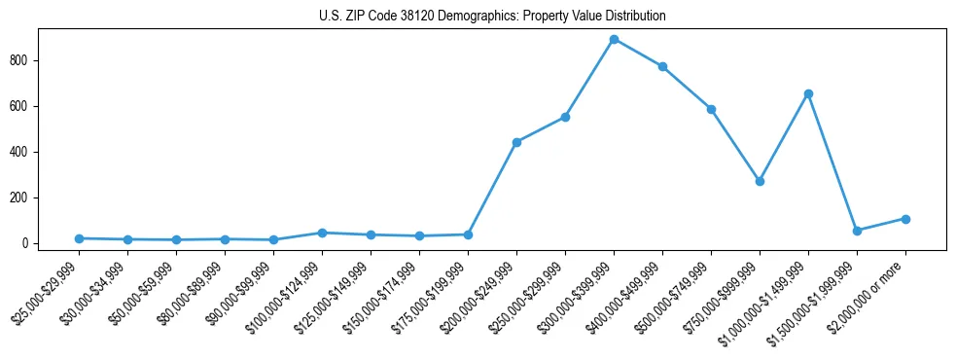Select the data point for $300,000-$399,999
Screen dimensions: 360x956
[614, 39]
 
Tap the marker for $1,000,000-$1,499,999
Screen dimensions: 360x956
[808, 93]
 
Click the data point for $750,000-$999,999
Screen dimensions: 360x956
[760, 181]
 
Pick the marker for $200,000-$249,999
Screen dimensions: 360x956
[516, 142]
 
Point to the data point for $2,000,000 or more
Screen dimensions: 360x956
[905, 219]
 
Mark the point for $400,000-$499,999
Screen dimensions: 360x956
[662, 66]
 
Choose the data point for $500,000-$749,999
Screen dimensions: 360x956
[711, 109]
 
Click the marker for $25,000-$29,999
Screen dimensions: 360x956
[79, 238]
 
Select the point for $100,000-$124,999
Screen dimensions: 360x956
[322, 233]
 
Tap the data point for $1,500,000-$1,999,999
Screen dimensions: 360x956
[857, 231]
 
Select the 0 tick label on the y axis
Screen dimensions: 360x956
[30, 243]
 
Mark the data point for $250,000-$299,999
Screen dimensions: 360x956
[565, 117]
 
